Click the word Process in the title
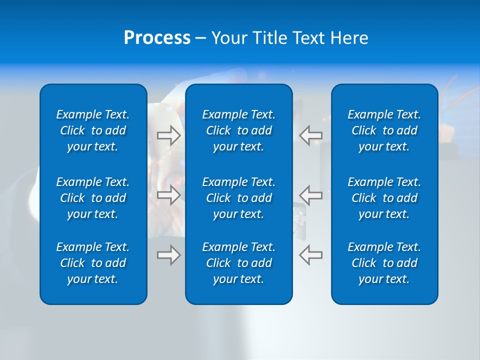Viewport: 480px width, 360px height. [x=157, y=38]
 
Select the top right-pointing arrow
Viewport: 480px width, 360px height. [x=168, y=135]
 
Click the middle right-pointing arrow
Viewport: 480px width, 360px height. [x=168, y=194]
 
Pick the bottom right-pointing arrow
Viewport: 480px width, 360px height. [x=168, y=255]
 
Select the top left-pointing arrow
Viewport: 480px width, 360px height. [x=310, y=135]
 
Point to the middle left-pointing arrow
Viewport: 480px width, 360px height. [x=310, y=194]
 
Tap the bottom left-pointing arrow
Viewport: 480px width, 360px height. [x=310, y=255]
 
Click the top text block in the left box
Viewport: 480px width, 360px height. [x=93, y=130]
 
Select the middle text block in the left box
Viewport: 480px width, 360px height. [x=93, y=198]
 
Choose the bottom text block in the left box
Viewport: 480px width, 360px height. [x=93, y=263]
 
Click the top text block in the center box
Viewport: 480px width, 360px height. [x=239, y=130]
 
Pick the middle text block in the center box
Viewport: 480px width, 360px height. [x=239, y=198]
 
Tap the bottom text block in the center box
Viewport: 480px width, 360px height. [x=239, y=263]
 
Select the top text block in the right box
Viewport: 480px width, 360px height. [x=384, y=130]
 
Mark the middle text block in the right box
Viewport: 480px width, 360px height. [x=384, y=198]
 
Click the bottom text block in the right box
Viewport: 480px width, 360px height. [x=384, y=263]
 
